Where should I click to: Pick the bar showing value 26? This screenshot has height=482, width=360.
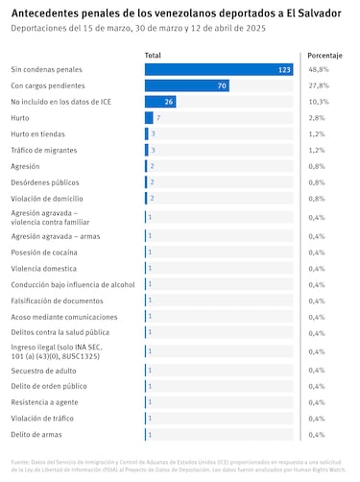coord(160,102)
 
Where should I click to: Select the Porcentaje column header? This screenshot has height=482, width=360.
coord(324,57)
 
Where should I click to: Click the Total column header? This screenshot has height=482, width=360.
coord(153,57)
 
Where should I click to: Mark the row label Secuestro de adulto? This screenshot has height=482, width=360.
coord(45,370)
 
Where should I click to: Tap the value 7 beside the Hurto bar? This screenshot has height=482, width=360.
coord(157,117)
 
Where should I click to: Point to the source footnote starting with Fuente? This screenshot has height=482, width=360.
coord(179,467)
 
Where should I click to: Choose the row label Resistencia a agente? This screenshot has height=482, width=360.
coord(46,402)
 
